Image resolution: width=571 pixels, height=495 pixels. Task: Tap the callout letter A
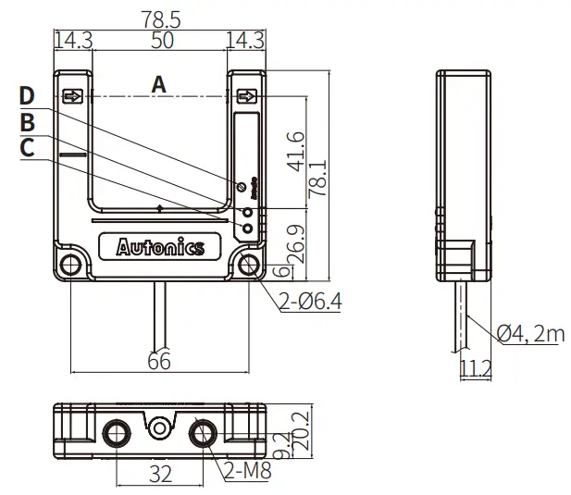[x=158, y=84]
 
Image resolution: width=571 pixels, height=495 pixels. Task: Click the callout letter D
[x=27, y=96]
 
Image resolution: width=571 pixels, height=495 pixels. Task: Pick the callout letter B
[x=27, y=121]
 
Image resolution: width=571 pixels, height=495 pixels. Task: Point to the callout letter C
[x=27, y=146]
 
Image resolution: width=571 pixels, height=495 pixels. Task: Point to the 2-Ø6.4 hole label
[x=311, y=301]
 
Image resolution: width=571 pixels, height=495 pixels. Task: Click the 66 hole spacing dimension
[x=159, y=361]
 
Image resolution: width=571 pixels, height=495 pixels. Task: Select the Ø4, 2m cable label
[x=529, y=333]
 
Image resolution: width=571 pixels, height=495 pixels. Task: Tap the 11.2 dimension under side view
[x=475, y=369]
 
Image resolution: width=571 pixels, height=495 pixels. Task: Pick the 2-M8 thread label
[x=248, y=472]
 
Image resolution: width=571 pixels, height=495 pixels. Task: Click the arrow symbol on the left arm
[x=72, y=96]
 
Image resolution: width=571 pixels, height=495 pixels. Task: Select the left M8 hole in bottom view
[x=117, y=433]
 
